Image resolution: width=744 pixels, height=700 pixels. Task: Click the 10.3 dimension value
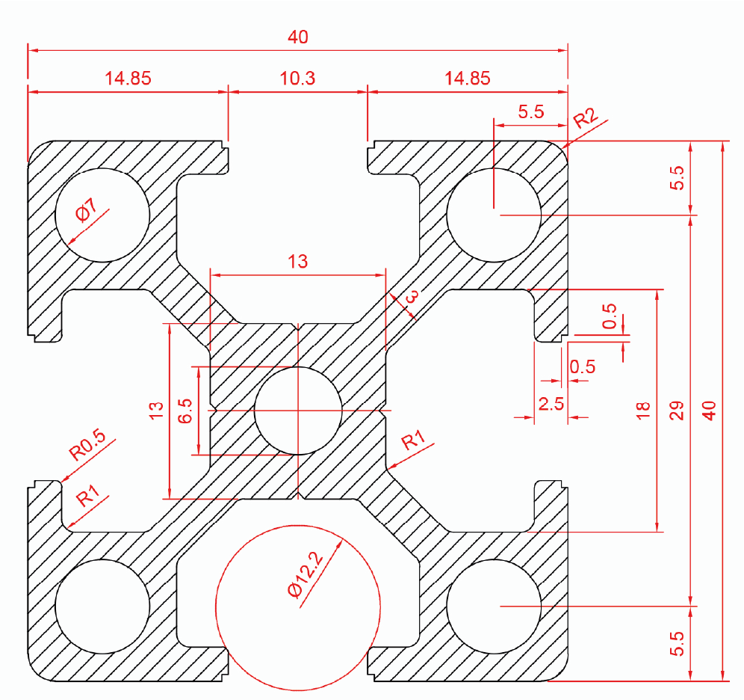(x=297, y=78)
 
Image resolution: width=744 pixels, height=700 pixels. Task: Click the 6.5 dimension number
(x=185, y=411)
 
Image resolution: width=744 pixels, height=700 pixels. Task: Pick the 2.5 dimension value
(x=551, y=405)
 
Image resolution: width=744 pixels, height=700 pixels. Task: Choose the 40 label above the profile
(x=297, y=37)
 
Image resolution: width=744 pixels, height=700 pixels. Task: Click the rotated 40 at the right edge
(x=710, y=411)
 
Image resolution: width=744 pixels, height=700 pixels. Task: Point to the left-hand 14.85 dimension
(x=128, y=78)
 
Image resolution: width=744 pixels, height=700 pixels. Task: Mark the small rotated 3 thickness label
(x=410, y=301)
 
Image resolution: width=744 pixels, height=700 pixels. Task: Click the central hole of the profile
(x=298, y=411)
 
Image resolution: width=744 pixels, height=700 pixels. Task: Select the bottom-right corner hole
(x=494, y=605)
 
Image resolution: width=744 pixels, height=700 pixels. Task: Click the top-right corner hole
(x=494, y=215)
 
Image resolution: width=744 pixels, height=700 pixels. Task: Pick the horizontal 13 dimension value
(x=297, y=261)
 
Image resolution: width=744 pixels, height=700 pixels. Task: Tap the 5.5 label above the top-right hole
(x=530, y=112)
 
